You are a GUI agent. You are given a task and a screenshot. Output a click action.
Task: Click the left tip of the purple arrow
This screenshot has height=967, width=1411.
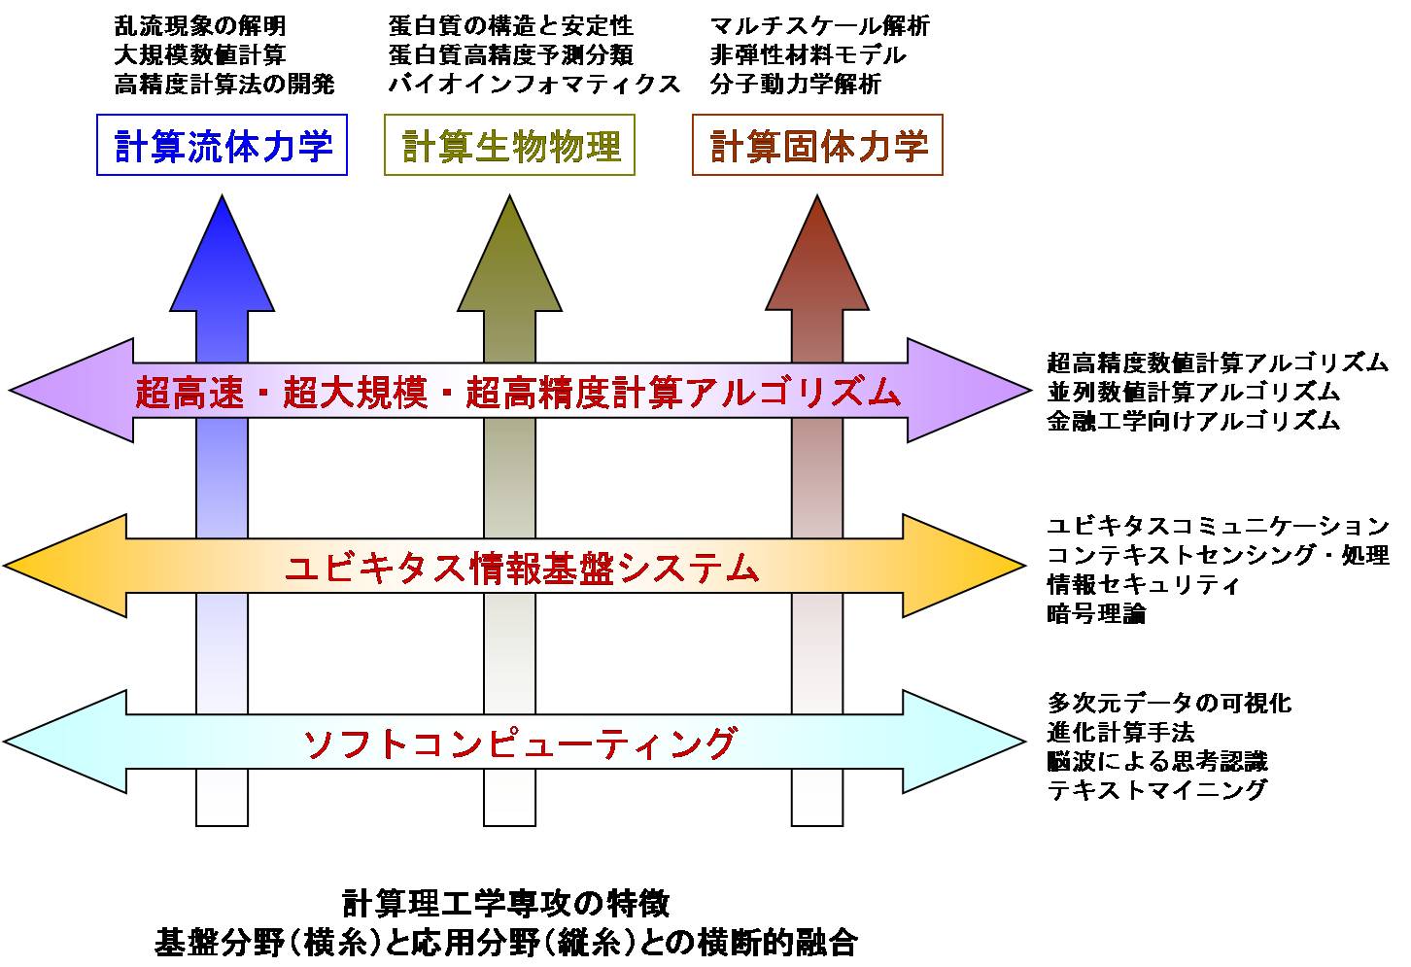tap(9, 390)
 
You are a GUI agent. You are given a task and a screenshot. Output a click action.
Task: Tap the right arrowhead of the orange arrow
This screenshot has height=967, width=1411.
tap(964, 565)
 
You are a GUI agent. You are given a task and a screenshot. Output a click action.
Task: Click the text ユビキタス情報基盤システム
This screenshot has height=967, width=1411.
tap(522, 567)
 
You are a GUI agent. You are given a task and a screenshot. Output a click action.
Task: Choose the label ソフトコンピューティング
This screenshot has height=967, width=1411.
tap(520, 743)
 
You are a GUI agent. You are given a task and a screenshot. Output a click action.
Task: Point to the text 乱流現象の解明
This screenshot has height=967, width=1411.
tap(200, 26)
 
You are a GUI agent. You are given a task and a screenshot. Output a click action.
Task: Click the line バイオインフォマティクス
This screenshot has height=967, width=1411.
tap(534, 84)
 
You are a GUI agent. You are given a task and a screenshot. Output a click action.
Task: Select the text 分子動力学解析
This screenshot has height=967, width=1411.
tap(795, 84)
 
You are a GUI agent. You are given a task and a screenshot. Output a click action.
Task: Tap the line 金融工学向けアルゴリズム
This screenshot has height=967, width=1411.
tap(1193, 420)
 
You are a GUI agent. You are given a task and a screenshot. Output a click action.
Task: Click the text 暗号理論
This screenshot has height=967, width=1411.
tap(1097, 613)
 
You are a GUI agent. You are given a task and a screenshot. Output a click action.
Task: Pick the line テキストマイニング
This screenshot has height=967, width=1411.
tap(1156, 789)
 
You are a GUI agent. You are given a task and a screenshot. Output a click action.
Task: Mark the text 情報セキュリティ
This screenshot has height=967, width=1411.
tap(1144, 584)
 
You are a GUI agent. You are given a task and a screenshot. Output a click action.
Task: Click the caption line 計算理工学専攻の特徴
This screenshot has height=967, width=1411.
tap(506, 905)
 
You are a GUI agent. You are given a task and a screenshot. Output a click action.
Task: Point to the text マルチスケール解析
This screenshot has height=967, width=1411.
tap(819, 26)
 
